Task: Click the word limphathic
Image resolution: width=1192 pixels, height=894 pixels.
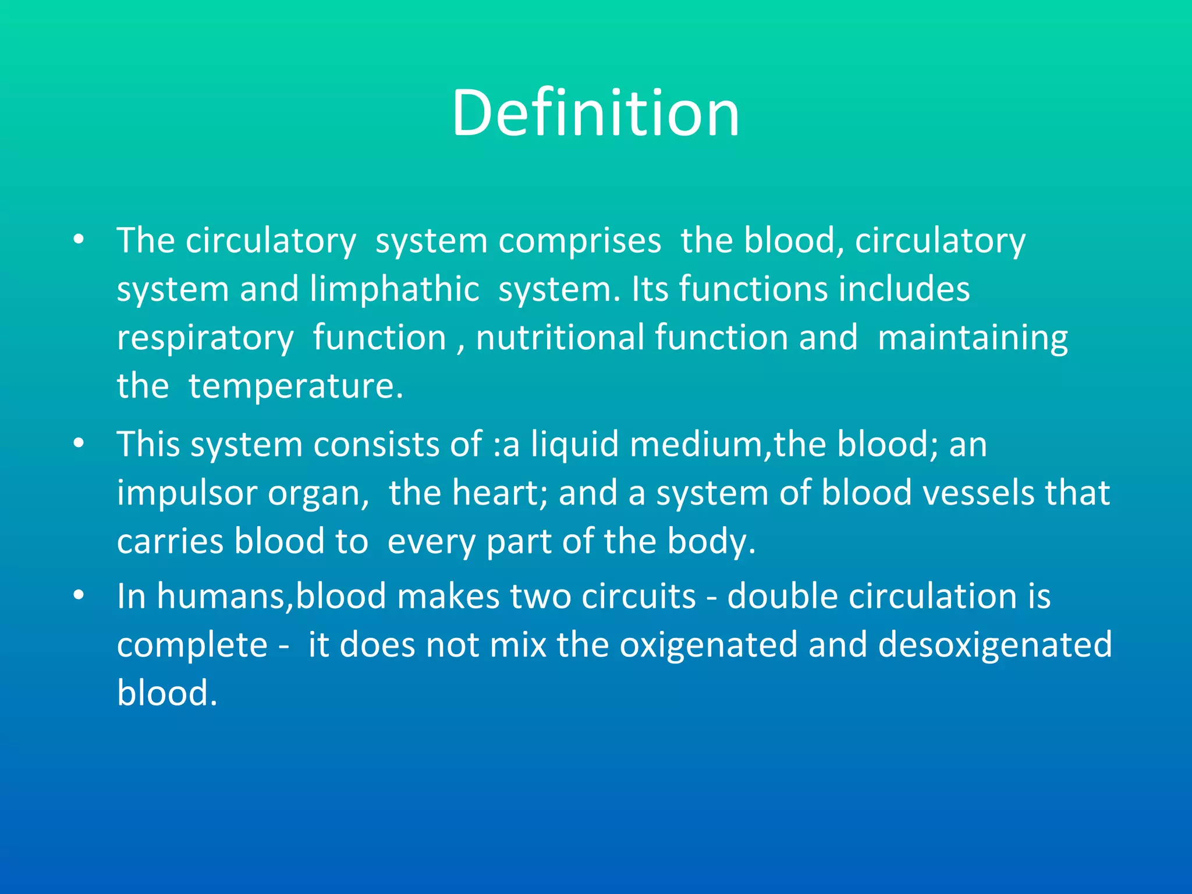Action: [394, 289]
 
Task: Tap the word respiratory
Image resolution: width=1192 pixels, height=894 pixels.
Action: [205, 338]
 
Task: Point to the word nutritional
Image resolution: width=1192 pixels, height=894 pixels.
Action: [559, 338]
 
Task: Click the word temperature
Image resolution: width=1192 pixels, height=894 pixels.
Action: [295, 386]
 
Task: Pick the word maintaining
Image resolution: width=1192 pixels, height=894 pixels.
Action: [972, 338]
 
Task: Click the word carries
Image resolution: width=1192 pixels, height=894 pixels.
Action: [170, 541]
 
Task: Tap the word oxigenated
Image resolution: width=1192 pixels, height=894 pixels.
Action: [707, 645]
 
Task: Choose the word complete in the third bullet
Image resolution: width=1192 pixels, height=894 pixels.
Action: [192, 645]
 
